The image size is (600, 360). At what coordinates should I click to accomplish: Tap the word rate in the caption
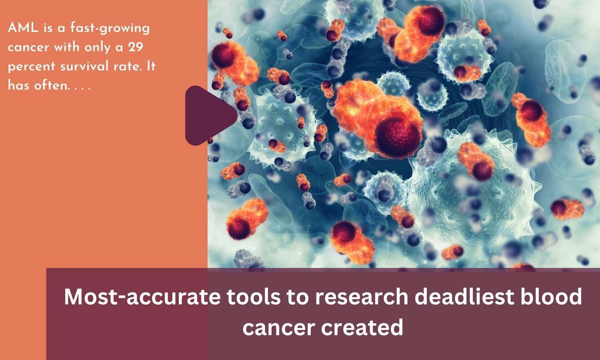click(x=126, y=66)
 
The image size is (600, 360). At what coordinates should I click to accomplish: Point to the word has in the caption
click(x=17, y=85)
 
